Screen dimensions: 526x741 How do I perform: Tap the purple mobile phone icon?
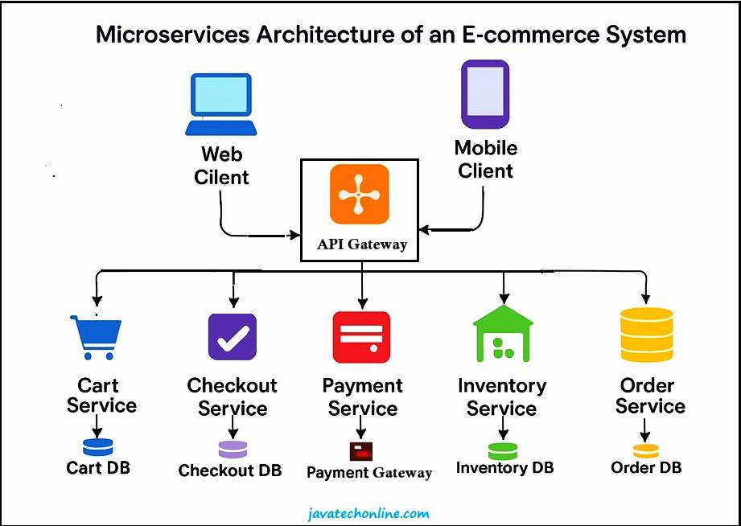484,94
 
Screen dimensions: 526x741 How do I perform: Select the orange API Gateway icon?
359,194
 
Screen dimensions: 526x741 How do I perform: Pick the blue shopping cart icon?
96,337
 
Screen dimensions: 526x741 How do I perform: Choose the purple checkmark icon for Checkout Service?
232,336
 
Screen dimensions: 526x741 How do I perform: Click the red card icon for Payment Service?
361,337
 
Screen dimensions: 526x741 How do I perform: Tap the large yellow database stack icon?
646,335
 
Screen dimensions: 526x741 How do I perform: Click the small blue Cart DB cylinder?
97,446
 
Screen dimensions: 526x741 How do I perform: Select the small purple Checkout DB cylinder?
233,449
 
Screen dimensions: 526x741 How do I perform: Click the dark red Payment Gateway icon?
361,450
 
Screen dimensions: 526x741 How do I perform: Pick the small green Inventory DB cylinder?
503,450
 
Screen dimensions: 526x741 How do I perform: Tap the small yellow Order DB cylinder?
645,450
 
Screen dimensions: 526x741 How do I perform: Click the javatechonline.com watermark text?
370,513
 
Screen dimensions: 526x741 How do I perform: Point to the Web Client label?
221,165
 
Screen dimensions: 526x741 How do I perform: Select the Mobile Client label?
485,159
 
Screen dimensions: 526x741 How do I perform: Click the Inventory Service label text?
502,397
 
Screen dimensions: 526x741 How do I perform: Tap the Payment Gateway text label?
369,473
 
